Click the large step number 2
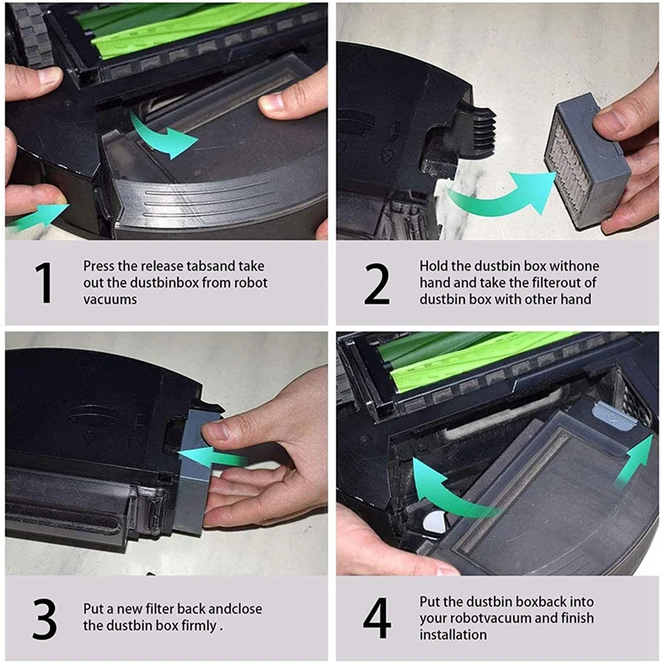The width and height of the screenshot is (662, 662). [x=377, y=282]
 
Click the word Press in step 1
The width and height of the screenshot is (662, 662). [x=98, y=266]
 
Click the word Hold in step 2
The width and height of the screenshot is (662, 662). [x=434, y=266]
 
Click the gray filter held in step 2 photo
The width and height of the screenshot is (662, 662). [x=583, y=161]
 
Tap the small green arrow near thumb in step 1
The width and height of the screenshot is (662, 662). [x=37, y=217]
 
